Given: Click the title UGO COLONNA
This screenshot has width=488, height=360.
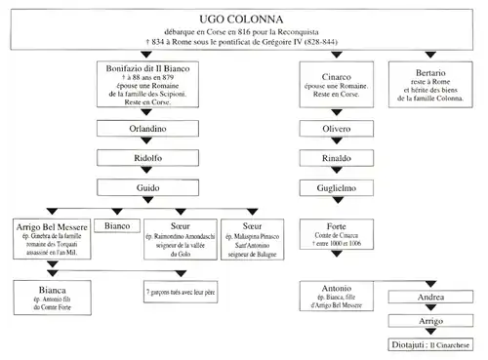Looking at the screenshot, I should pyautogui.click(x=244, y=18).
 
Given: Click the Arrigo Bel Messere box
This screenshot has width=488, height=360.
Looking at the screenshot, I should pyautogui.click(x=49, y=237).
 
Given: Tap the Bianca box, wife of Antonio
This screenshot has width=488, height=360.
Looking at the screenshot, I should pyautogui.click(x=49, y=293).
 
